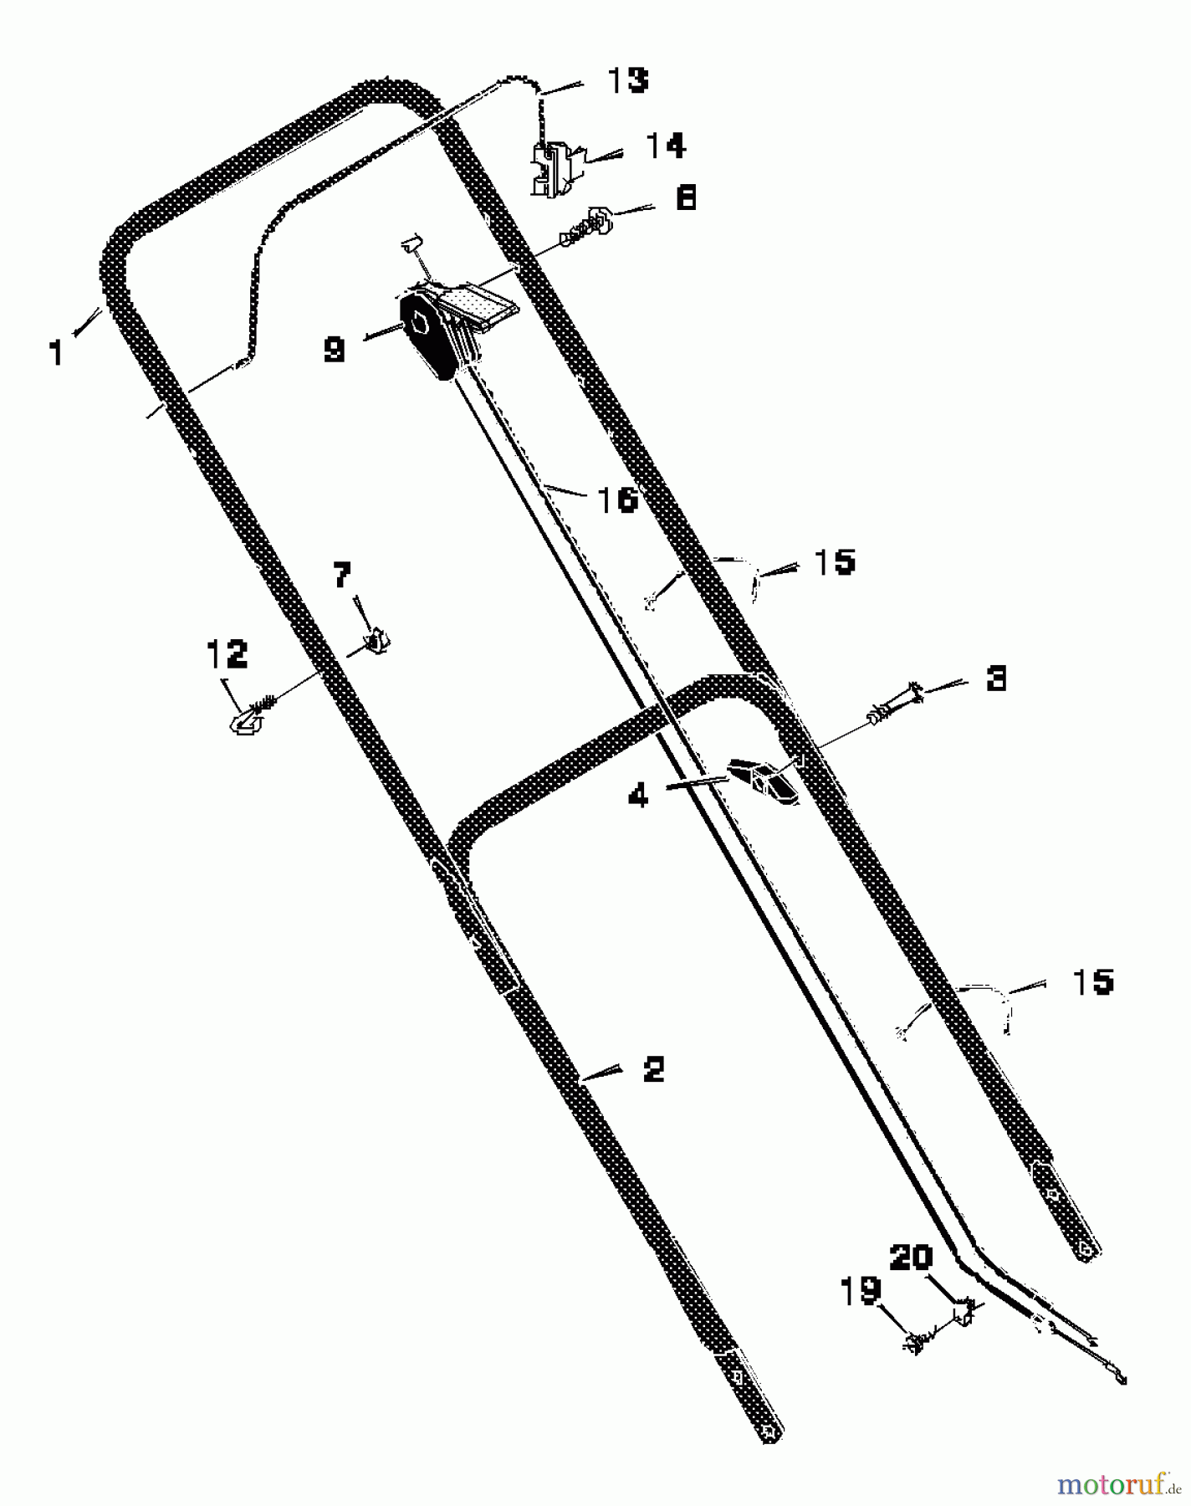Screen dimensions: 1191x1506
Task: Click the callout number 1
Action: (56, 352)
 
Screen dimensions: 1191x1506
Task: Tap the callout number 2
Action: (653, 1068)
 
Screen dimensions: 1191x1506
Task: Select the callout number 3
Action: (995, 678)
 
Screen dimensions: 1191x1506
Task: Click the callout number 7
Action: (342, 575)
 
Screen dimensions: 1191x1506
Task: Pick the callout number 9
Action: (335, 349)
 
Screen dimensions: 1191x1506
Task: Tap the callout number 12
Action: (227, 654)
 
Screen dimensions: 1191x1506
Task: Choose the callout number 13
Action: (627, 80)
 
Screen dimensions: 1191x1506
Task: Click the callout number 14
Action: (666, 146)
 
